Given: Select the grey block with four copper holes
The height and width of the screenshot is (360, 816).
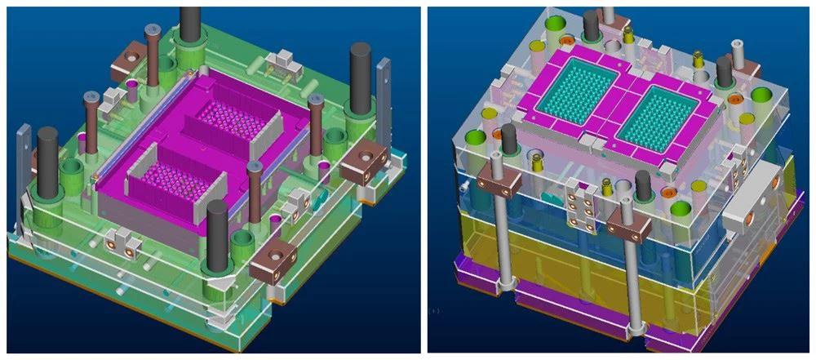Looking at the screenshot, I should (580, 200).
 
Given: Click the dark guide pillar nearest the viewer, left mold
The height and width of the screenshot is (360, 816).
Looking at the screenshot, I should (217, 237).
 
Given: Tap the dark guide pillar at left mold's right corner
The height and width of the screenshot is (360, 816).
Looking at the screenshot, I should (360, 78).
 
